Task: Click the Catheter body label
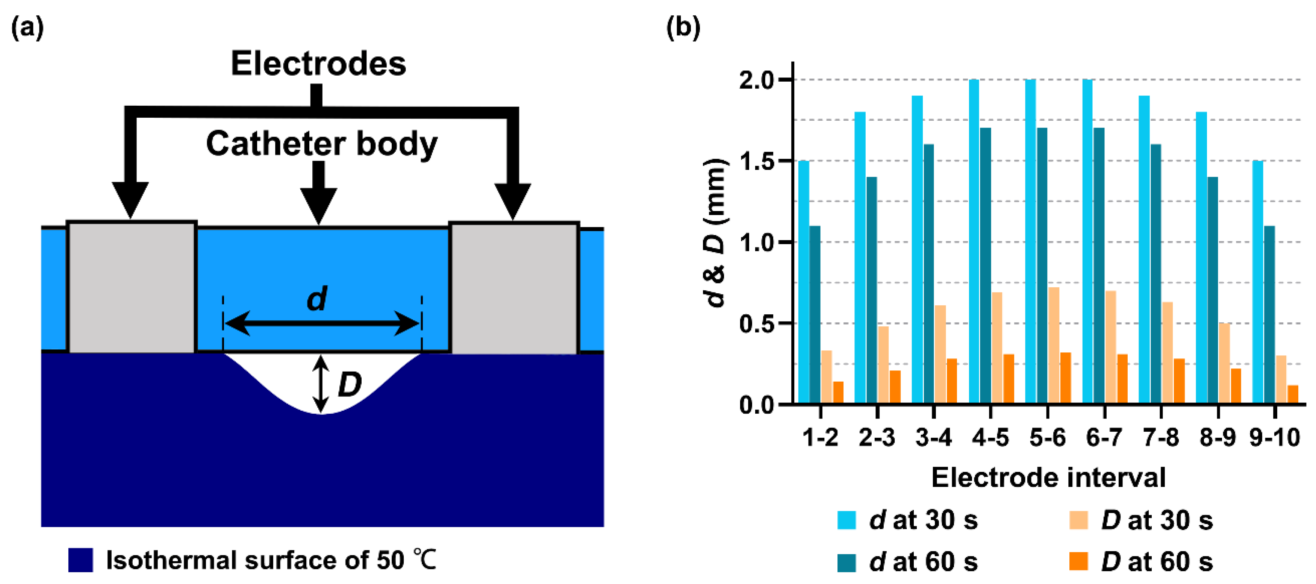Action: click(x=322, y=144)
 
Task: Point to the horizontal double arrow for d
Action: click(x=322, y=323)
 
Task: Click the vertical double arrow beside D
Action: click(x=321, y=384)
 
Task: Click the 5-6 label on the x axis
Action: click(x=1047, y=438)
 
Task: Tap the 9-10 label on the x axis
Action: click(x=1275, y=438)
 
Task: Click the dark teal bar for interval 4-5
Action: click(x=986, y=266)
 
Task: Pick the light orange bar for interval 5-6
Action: click(x=1053, y=345)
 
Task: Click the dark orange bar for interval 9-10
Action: click(x=1292, y=394)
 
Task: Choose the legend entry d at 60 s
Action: click(x=908, y=562)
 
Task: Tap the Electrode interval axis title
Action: click(x=1048, y=478)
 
